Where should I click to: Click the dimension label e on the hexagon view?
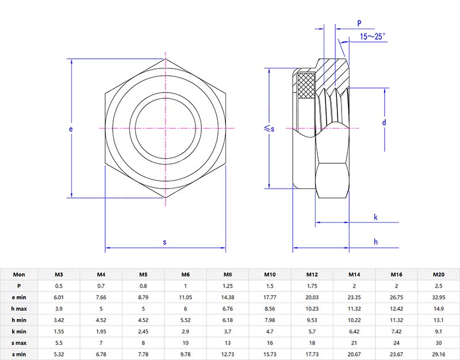coord(71,129)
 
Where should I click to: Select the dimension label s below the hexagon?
coord(164,243)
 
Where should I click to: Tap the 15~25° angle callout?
coord(373,36)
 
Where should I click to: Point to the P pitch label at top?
coord(359,23)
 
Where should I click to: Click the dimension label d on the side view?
coord(384,122)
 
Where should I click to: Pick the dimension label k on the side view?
coord(375,217)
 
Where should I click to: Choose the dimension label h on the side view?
coord(375,242)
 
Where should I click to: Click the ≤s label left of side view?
coord(269,129)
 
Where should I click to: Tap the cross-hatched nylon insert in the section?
coord(306,84)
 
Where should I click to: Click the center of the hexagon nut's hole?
coord(166,128)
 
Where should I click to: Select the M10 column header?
coord(270,275)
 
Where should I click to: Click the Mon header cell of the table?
coord(19,275)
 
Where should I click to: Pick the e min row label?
coord(19,297)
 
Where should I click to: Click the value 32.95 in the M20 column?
coord(438,297)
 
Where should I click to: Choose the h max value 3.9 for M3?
coord(59,308)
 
